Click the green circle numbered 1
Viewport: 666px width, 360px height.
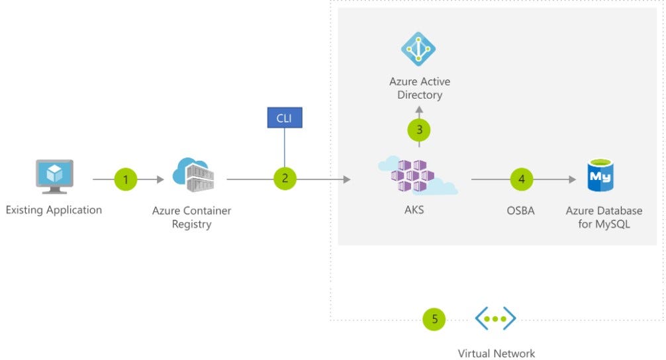(x=125, y=179)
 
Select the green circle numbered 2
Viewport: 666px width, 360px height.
(x=285, y=179)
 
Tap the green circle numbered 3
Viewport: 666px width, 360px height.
(x=418, y=130)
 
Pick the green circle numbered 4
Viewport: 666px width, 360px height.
(x=522, y=179)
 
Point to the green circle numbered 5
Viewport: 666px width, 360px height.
(x=434, y=319)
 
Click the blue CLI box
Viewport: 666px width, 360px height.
(x=284, y=118)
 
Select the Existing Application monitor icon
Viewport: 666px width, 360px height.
(x=54, y=175)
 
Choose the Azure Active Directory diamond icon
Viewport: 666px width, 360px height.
(x=418, y=49)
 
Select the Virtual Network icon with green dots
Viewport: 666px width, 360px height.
(x=495, y=319)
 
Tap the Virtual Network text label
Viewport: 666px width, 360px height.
(x=496, y=353)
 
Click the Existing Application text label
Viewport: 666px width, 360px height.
(x=54, y=210)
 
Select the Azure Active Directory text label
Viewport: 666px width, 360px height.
(x=419, y=88)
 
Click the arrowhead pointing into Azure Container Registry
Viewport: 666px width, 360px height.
(x=160, y=179)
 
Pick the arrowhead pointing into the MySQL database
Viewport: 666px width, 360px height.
(x=572, y=179)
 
